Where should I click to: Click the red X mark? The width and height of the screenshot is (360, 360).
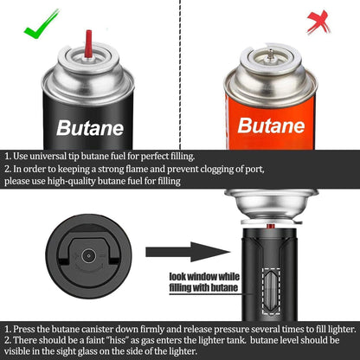click(x=318, y=22)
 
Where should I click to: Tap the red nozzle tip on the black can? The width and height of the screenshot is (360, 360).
click(x=88, y=43)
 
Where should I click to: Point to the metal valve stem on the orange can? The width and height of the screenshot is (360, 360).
click(x=270, y=55)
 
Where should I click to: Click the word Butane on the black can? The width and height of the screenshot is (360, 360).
click(x=90, y=128)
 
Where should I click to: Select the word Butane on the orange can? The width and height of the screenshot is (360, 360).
click(x=271, y=125)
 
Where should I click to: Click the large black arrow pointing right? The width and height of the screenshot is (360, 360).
click(x=188, y=252)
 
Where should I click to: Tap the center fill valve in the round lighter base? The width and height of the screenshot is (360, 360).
click(x=88, y=256)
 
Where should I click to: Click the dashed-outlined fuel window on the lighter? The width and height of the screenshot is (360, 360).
click(x=271, y=291)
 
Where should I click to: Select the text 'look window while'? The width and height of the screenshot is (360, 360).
click(x=204, y=277)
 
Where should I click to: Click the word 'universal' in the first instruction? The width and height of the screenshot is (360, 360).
click(x=48, y=157)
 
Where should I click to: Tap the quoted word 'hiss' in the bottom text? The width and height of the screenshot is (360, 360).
click(x=116, y=340)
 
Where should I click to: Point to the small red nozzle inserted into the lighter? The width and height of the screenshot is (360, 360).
click(x=270, y=226)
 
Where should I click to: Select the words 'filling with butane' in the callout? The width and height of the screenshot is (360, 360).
click(x=203, y=287)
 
